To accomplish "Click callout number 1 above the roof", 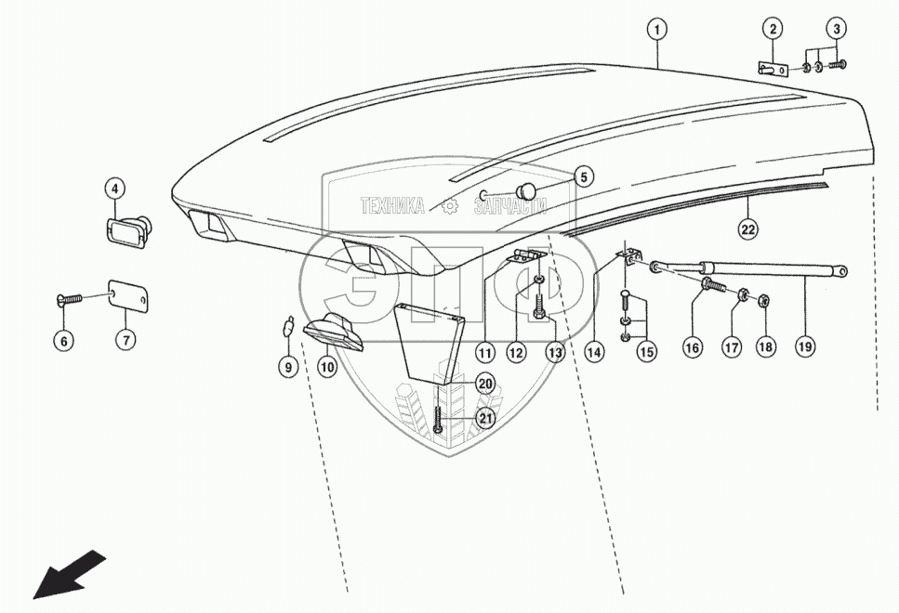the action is (657, 30).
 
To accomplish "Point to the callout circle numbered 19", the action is (805, 346).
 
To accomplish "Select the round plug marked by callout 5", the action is (528, 191).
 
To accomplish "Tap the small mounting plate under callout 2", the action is (772, 68).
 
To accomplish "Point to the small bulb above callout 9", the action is (290, 326).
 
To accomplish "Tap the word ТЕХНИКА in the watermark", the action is (392, 206).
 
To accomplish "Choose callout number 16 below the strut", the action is (691, 346).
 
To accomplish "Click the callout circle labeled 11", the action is (485, 352).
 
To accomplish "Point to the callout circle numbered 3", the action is (836, 30).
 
